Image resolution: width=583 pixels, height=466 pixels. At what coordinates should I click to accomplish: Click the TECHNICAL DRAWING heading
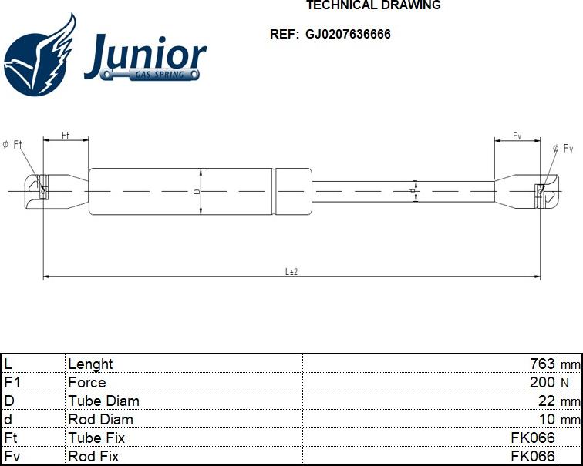pyautogui.click(x=373, y=5)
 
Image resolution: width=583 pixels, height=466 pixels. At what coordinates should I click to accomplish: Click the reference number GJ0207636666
pyautogui.click(x=348, y=35)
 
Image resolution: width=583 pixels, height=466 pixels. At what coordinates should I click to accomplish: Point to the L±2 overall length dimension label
pyautogui.click(x=291, y=271)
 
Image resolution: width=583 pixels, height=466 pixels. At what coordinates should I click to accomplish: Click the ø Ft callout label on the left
pyautogui.click(x=13, y=145)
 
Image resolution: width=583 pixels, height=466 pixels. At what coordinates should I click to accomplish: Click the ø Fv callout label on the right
pyautogui.click(x=563, y=148)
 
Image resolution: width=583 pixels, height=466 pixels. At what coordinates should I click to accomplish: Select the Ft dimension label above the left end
pyautogui.click(x=66, y=136)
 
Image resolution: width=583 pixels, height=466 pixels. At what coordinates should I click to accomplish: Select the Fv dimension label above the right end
pyautogui.click(x=517, y=136)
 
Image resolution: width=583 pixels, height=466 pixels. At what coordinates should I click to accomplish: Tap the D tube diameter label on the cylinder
pyautogui.click(x=197, y=191)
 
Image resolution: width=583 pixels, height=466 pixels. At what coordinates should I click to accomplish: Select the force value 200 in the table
pyautogui.click(x=542, y=383)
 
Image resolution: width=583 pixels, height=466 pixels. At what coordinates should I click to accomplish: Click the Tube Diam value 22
pyautogui.click(x=547, y=401)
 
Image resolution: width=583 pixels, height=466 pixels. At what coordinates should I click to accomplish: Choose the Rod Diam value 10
pyautogui.click(x=547, y=420)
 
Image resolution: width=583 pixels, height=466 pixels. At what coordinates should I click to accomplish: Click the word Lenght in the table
pyautogui.click(x=90, y=364)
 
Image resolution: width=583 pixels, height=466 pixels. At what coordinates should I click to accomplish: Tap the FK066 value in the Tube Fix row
pyautogui.click(x=533, y=438)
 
